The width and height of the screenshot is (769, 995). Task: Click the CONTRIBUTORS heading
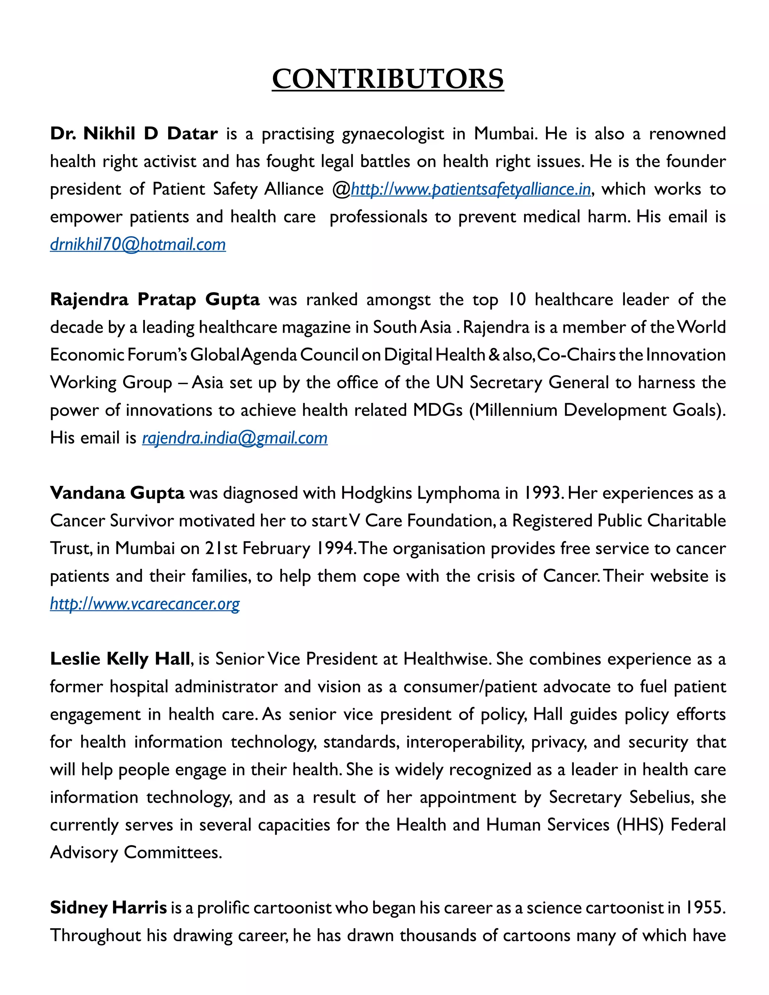(388, 79)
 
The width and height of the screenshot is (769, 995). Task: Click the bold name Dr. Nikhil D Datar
(134, 134)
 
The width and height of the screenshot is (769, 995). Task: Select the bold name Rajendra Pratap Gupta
(155, 299)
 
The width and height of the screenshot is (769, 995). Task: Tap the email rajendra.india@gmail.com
(235, 438)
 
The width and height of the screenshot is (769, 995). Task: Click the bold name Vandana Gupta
(117, 493)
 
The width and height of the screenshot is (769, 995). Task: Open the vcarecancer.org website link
(145, 604)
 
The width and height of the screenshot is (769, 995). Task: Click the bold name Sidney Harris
(109, 908)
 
